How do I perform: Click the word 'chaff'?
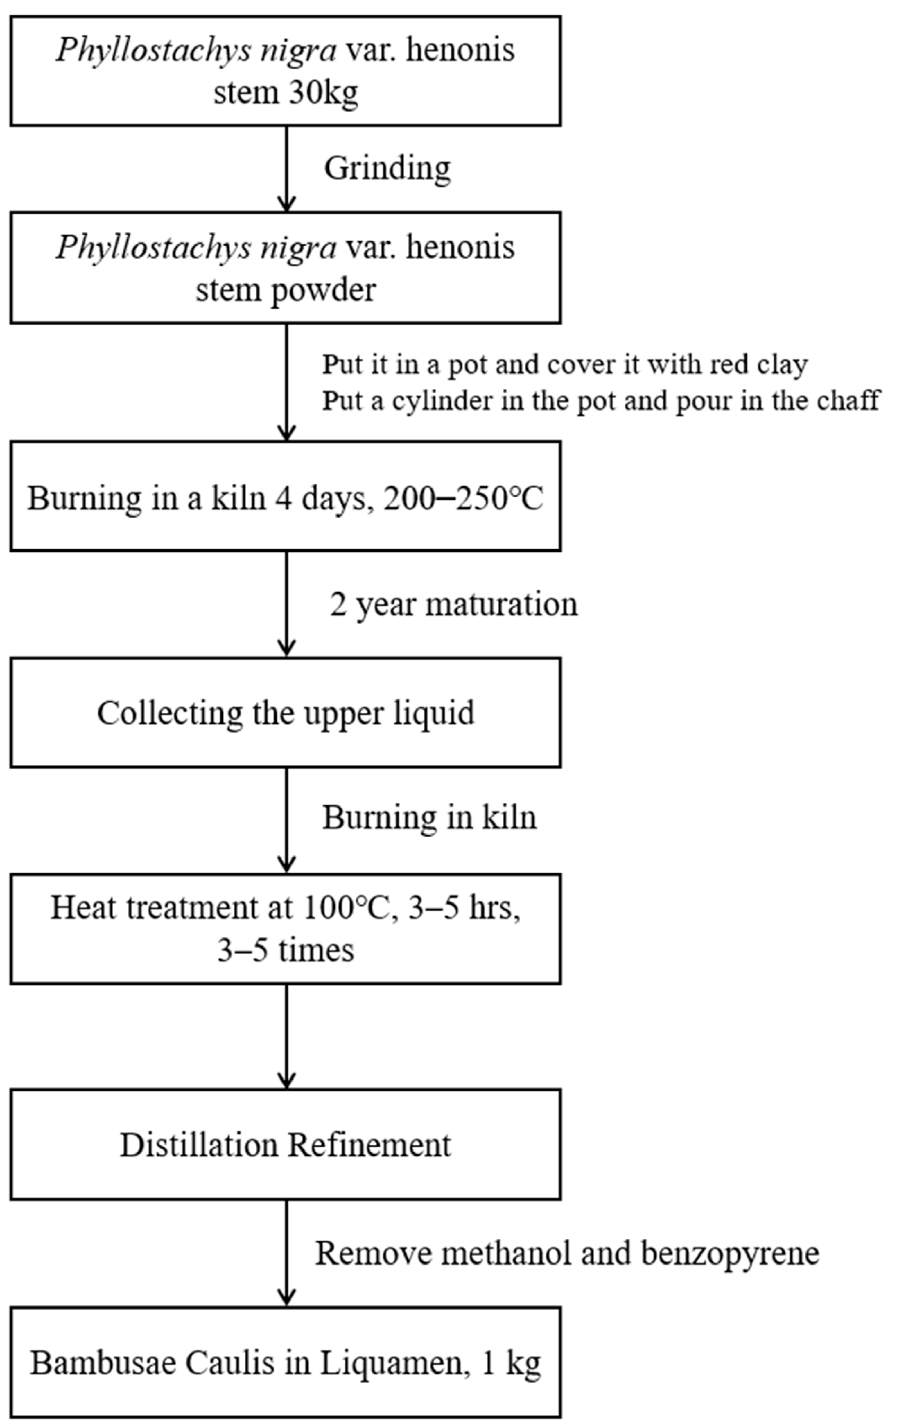848,400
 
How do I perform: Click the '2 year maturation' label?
453,605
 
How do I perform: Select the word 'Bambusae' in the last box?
104,1363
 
